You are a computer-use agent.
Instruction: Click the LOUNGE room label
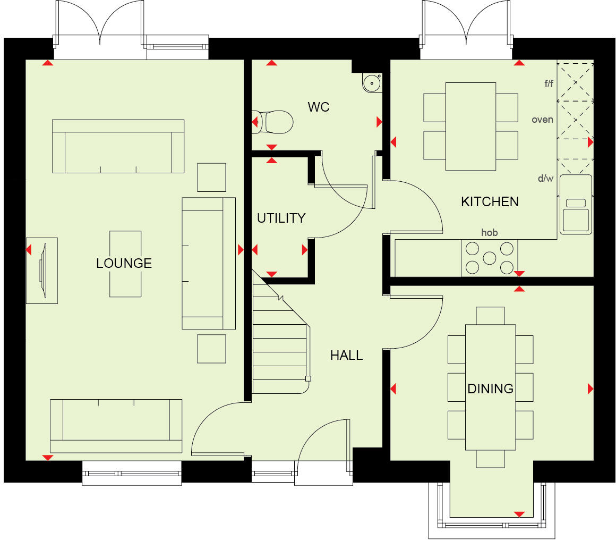pos(124,263)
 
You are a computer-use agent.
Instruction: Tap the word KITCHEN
pos(490,201)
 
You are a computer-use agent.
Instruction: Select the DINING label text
pos(490,389)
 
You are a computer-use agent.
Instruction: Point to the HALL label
pos(346,356)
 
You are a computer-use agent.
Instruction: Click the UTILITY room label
pos(281,218)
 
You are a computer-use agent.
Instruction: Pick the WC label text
pos(319,107)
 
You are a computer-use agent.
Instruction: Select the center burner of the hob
pos(489,258)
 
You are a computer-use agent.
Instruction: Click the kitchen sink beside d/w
pos(576,205)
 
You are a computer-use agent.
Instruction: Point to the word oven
pos(542,120)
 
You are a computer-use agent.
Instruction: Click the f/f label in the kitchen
pos(548,83)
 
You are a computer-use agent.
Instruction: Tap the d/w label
pos(545,179)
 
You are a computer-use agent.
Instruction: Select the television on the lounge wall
pos(42,271)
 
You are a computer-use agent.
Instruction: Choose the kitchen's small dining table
pos(470,126)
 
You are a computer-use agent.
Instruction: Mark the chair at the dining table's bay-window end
pos(490,459)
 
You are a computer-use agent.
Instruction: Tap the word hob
pos(489,232)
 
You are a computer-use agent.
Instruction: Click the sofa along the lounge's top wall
pos(118,146)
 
